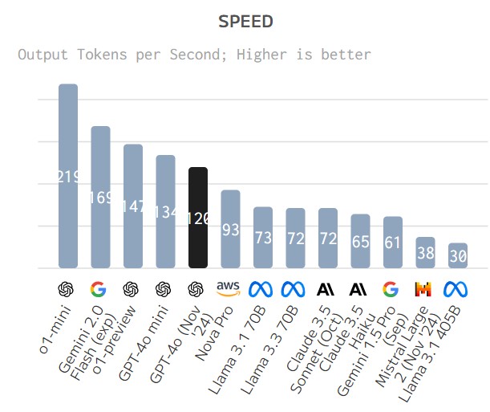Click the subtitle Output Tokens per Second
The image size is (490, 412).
[x=194, y=55]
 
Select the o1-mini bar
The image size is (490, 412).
[x=68, y=176]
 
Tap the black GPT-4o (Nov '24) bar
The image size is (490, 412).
[x=198, y=218]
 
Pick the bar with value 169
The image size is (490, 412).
[x=100, y=197]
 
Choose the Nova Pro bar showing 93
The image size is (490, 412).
[x=230, y=229]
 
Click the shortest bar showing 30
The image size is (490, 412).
[x=458, y=255]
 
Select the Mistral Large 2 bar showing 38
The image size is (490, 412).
[x=425, y=252]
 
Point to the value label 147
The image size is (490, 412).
[x=133, y=206]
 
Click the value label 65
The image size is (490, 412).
[x=360, y=242]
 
